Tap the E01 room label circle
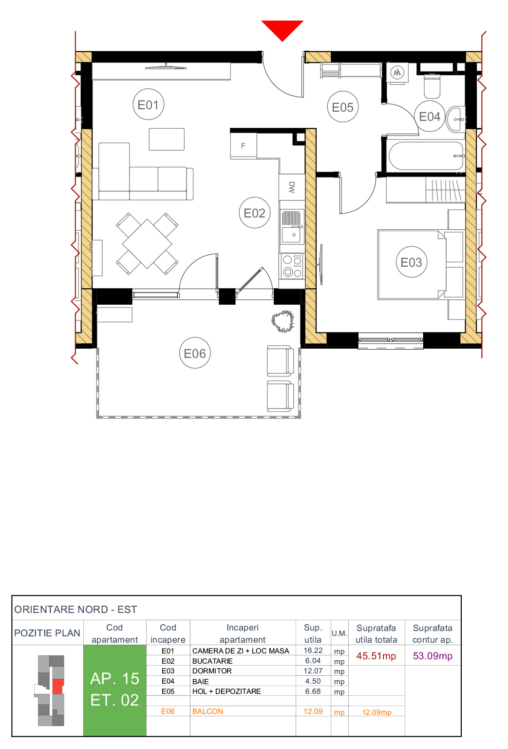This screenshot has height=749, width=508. pyautogui.click(x=148, y=105)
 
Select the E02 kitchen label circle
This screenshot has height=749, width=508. pyautogui.click(x=254, y=213)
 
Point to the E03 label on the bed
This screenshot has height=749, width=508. pyautogui.click(x=411, y=262)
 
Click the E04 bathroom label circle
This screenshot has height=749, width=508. pyautogui.click(x=429, y=117)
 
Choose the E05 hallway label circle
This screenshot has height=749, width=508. pyautogui.click(x=342, y=107)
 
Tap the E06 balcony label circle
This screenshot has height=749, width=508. pyautogui.click(x=194, y=353)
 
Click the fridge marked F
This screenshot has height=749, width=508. pyautogui.click(x=244, y=145)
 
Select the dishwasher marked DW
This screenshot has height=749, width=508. pyautogui.click(x=291, y=187)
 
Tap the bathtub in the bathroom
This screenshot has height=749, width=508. pyautogui.click(x=426, y=156)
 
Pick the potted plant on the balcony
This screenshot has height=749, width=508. pyautogui.click(x=283, y=321)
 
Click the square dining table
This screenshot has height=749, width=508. pyautogui.click(x=147, y=243)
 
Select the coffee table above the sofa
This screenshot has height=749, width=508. pyautogui.click(x=167, y=139)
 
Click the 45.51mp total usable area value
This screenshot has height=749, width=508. pyautogui.click(x=376, y=656)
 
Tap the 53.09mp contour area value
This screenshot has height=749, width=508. pyautogui.click(x=433, y=656)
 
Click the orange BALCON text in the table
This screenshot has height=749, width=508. pyautogui.click(x=207, y=711)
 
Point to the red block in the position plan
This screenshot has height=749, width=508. pyautogui.click(x=58, y=687)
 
